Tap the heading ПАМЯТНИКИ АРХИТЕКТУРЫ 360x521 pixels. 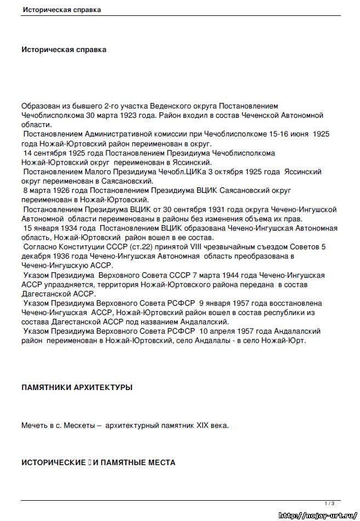[77, 388]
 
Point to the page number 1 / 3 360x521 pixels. [329, 503]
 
